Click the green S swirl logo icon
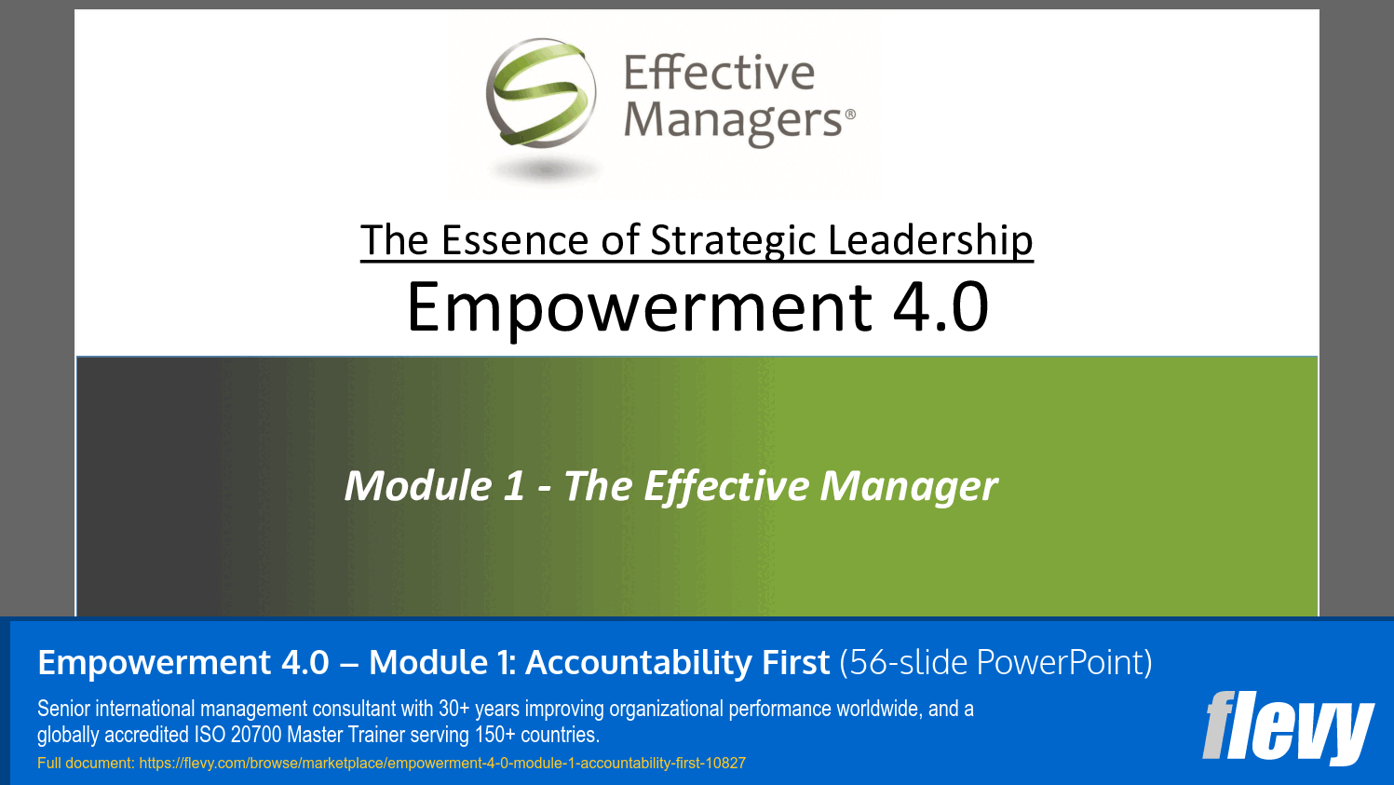pyautogui.click(x=541, y=94)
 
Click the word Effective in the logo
pyautogui.click(x=719, y=73)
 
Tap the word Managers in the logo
pyautogui.click(x=733, y=121)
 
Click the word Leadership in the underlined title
pyautogui.click(x=930, y=240)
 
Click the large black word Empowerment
pyautogui.click(x=640, y=307)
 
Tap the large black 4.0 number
pyautogui.click(x=941, y=307)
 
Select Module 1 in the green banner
pyautogui.click(x=434, y=486)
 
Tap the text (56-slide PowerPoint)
pyautogui.click(x=995, y=663)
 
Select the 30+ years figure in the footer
pyautogui.click(x=479, y=709)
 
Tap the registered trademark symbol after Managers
pyautogui.click(x=849, y=114)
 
